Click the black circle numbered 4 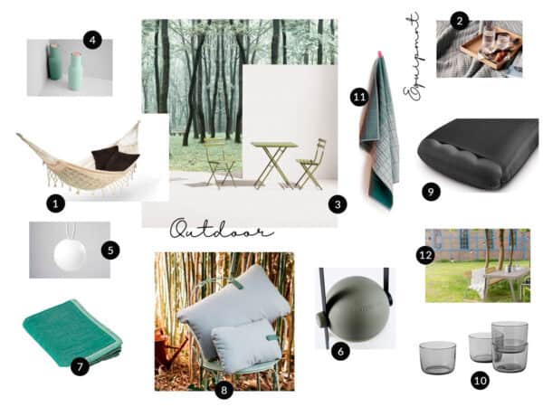click(92, 41)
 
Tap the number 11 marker click(359, 98)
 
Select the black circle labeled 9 click(431, 192)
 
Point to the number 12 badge click(425, 255)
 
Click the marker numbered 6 click(340, 352)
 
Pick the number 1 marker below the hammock click(55, 203)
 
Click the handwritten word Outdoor click(222, 230)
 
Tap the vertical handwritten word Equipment click(414, 57)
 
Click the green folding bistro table click(273, 163)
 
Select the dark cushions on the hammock click(115, 158)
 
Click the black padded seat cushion click(479, 154)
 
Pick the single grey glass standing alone click(437, 357)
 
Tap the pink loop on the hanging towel click(379, 54)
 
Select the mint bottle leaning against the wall click(53, 62)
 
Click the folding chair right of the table click(310, 164)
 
